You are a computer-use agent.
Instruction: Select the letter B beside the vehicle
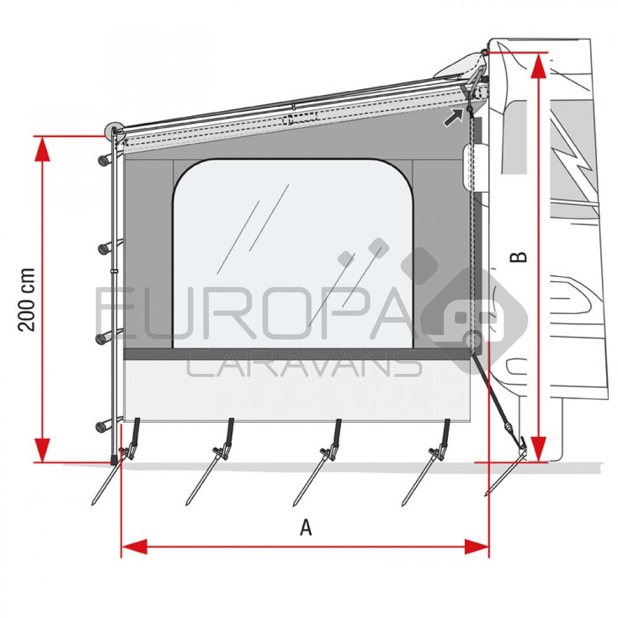click(x=521, y=256)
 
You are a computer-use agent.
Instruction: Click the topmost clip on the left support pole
click(x=105, y=159)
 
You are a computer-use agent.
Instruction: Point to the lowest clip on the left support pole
click(x=105, y=426)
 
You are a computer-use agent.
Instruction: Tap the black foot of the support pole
click(x=114, y=460)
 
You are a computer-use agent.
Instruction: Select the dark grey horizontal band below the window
click(x=297, y=354)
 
